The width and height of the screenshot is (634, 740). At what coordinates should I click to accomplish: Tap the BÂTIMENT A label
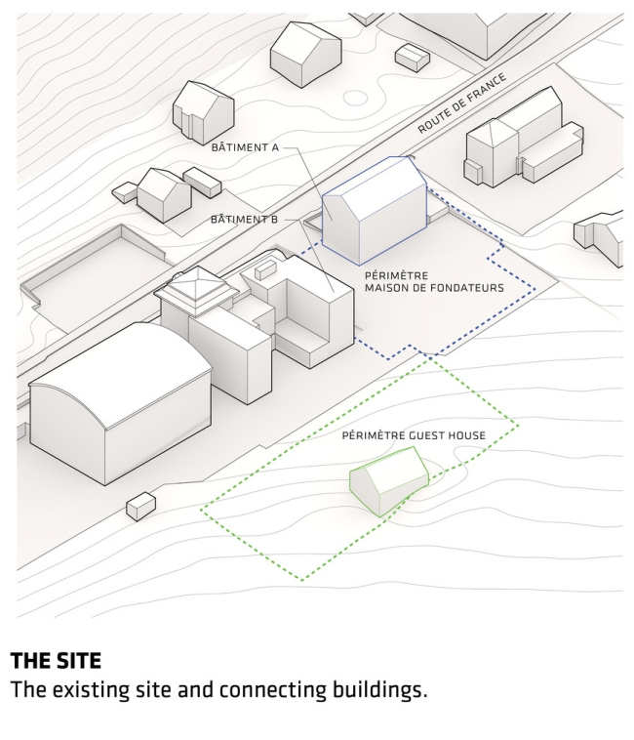tap(246, 147)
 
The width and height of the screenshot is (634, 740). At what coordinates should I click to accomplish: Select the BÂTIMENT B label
tap(244, 220)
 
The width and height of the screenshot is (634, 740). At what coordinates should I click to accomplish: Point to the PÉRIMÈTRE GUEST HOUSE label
tap(414, 435)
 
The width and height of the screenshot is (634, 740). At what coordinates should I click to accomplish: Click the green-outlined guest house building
tap(388, 477)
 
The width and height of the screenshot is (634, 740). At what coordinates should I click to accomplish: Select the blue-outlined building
tap(375, 209)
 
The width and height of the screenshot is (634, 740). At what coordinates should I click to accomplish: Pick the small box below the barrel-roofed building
tap(141, 506)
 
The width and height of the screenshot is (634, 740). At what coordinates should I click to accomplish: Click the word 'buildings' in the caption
tap(383, 690)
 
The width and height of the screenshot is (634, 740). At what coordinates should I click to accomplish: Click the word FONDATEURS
tap(469, 288)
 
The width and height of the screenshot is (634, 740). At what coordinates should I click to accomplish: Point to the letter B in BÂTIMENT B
tap(274, 220)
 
